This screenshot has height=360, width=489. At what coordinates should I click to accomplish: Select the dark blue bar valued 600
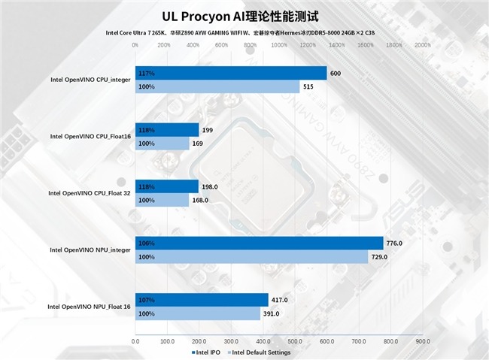230,74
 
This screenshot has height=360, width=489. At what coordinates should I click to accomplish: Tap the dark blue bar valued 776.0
259,244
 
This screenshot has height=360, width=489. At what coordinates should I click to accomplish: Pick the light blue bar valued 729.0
251,257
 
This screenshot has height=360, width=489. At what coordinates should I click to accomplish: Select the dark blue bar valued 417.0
201,300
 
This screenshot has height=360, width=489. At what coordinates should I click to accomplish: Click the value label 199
208,130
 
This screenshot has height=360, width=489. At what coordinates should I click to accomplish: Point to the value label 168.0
200,200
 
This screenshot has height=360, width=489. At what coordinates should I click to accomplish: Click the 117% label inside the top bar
146,74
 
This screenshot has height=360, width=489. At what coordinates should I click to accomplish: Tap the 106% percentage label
146,244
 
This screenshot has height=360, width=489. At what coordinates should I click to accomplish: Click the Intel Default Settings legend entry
260,352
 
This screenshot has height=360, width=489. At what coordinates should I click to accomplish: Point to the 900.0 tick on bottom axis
423,341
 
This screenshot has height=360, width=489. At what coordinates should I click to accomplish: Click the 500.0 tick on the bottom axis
295,341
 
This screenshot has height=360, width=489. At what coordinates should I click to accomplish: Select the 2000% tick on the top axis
423,45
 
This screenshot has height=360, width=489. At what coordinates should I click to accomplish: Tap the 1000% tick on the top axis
278,45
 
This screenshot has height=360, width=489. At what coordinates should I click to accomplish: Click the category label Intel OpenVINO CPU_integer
90,80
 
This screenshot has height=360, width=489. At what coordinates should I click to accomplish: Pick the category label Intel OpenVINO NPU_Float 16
89,307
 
